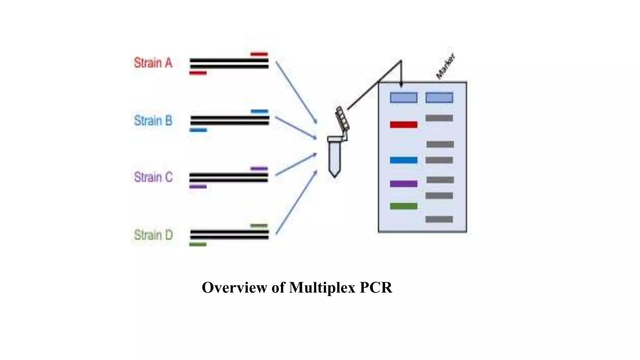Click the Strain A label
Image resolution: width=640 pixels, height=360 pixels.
pos(153,63)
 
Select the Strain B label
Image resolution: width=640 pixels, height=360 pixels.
pos(153,120)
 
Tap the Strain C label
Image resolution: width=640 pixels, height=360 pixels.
pos(153,177)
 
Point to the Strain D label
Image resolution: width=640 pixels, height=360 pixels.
pos(153,235)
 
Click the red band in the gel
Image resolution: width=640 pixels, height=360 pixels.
pos(403,125)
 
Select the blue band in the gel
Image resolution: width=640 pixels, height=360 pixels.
pos(403,160)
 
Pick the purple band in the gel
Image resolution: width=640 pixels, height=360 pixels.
pos(403,184)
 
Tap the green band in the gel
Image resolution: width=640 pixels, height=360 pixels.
pos(403,206)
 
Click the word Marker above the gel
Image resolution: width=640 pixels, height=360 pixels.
pos(446,66)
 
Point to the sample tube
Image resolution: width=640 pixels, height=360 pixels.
pos(335,156)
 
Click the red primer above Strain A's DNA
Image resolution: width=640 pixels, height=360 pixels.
pos(259,54)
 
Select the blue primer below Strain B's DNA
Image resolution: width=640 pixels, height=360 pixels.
pos(198,130)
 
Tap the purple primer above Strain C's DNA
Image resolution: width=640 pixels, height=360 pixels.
pos(259,168)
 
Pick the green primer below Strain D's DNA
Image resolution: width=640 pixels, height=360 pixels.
pos(198,244)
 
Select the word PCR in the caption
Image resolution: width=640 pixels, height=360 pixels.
pos(376,287)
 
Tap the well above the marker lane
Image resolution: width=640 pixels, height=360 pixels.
pos(439,98)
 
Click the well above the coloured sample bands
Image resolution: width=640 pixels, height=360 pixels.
pos(403,98)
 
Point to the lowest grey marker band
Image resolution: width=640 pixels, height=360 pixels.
pos(439,219)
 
